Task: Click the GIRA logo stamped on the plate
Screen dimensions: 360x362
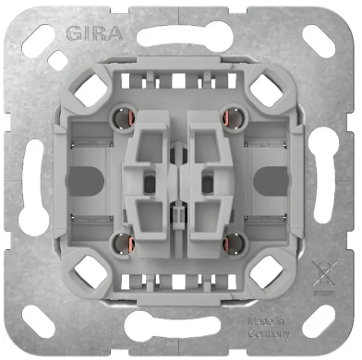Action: point(94,36)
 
